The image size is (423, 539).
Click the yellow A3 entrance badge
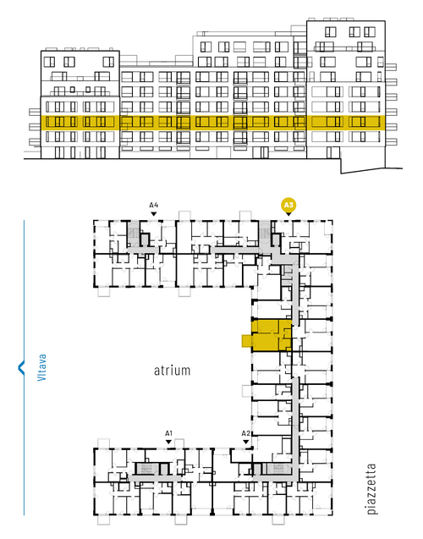288,206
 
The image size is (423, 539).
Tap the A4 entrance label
154,206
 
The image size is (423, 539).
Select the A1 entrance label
168,433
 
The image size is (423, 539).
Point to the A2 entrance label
245,433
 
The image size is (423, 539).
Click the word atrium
172,371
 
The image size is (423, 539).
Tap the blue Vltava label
41,367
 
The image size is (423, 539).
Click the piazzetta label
371,488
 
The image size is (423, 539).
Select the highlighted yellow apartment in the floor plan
272,335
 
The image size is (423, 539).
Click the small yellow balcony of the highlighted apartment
247,341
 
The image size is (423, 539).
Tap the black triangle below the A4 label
154,214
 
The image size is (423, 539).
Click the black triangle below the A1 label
168,442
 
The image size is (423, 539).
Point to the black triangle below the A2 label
245,442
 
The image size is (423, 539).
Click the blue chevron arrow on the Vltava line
21,367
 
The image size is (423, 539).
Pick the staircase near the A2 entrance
278,469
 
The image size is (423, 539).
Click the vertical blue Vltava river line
24,367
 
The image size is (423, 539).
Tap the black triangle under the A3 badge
288,214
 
